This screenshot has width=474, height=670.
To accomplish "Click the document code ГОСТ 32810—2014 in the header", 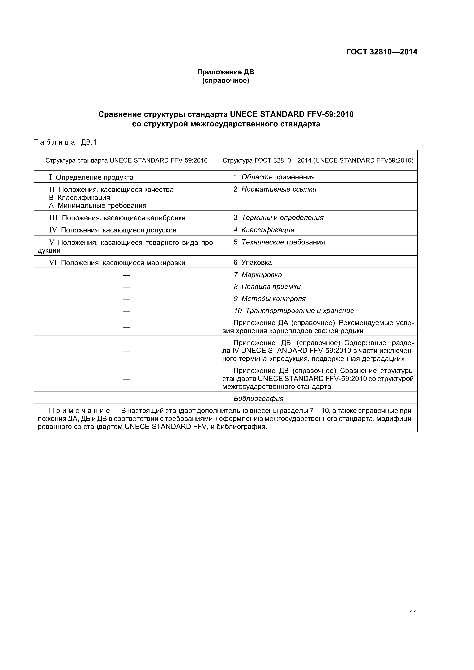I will pos(381,52).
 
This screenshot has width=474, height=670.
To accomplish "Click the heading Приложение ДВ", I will pos(226,72).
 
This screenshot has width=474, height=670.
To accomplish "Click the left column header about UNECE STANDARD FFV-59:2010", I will pos(127,160).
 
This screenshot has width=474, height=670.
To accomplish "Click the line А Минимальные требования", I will pos(97,206).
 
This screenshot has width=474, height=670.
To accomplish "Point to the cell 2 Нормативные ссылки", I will pos(274,189).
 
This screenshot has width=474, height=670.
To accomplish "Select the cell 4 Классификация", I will pos(264,230).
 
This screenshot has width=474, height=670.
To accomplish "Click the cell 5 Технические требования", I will pos(279,242).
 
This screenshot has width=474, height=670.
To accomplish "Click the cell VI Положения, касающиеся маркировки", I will pos(117,263).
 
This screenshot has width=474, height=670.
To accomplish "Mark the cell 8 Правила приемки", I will pos(267,286).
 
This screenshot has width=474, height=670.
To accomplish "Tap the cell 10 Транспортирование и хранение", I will pos(294,311).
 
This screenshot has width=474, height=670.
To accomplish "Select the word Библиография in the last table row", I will pos(258,399).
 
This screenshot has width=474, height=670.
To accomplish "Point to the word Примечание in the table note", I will pos(79,411).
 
